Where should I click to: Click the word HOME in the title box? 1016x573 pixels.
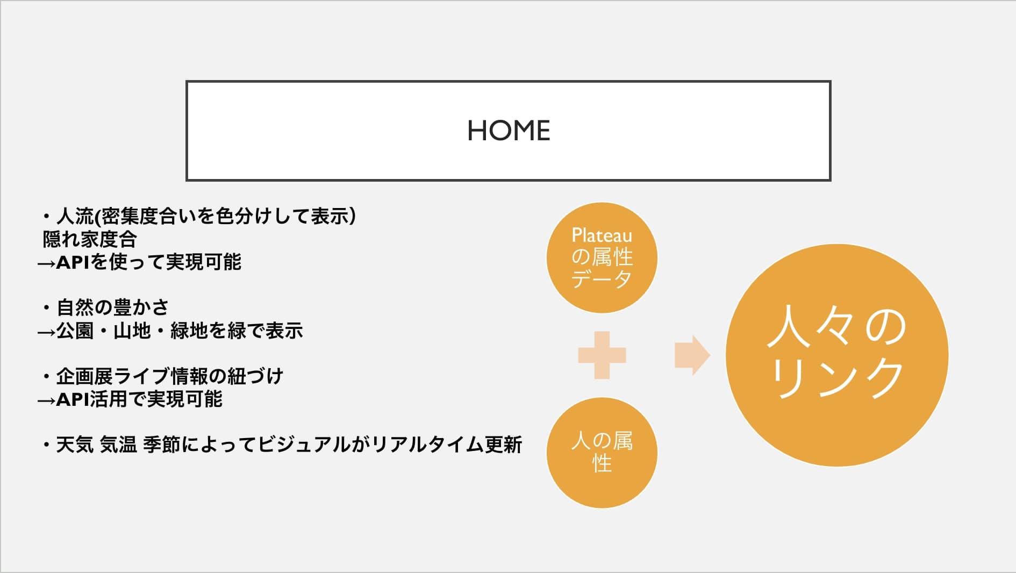509,131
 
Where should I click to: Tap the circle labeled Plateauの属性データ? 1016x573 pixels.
602,257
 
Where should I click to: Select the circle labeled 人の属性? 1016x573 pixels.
602,453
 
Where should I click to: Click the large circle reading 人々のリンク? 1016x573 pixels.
837,355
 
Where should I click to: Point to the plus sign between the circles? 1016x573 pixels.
602,355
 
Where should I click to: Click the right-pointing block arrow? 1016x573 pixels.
692,355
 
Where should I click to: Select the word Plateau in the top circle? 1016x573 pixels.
602,235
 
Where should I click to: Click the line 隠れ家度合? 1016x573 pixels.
90,239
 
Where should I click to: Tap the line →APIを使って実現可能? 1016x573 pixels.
139,262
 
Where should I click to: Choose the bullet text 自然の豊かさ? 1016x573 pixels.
113,307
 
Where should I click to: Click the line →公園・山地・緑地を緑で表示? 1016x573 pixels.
170,331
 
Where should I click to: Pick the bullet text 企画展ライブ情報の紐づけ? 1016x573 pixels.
170,376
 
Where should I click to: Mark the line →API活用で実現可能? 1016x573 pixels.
130,399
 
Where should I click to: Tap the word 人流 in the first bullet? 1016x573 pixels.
75,217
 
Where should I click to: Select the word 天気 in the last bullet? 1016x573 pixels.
75,445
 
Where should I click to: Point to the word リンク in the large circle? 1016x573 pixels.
837,378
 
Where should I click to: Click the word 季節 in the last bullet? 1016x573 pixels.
162,445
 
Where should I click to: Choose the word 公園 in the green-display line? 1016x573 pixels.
75,331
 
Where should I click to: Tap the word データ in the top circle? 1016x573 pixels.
602,280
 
